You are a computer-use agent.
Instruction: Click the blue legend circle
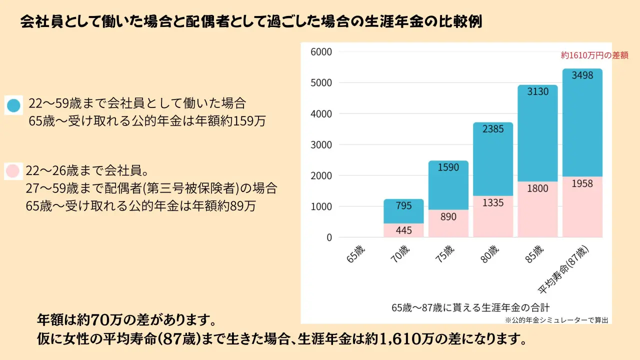13,105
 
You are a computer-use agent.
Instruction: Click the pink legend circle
13,171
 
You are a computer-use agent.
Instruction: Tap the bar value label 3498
582,75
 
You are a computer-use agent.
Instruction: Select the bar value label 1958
582,183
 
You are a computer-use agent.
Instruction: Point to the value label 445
403,230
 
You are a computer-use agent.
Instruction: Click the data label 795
403,205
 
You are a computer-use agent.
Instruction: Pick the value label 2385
493,129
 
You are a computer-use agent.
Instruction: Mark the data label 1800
537,188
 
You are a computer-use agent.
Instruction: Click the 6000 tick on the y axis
321,52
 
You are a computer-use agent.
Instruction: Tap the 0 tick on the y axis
329,237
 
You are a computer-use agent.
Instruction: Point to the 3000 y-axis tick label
321,145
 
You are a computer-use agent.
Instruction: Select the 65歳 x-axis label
355,253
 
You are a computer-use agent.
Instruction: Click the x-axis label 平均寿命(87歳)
563,269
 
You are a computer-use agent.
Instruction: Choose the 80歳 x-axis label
489,253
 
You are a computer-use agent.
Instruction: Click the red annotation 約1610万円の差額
594,55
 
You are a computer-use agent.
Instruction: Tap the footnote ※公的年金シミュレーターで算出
556,320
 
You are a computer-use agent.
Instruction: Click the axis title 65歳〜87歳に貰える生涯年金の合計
470,307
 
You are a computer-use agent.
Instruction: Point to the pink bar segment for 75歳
448,223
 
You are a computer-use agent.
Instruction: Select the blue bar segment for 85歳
537,133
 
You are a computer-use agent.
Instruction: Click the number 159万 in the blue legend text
249,121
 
